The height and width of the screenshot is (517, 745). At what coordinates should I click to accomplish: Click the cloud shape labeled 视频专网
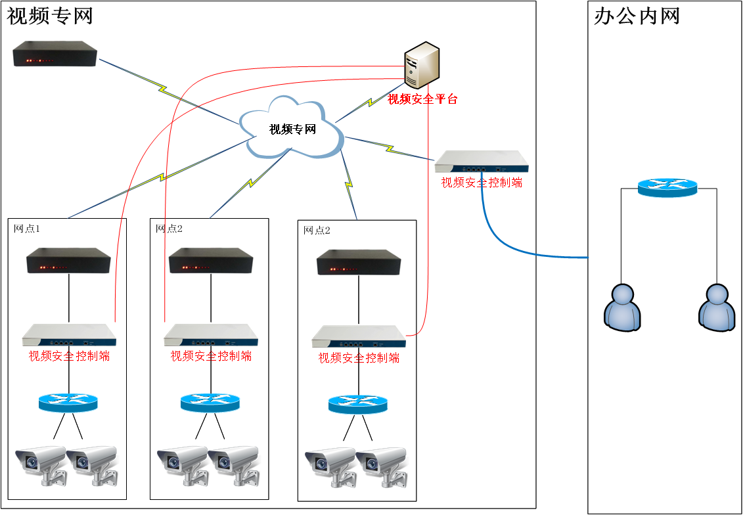(x=291, y=127)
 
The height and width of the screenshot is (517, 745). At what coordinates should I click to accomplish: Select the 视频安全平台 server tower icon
(x=421, y=64)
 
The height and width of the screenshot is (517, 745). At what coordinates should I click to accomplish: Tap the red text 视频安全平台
(x=422, y=99)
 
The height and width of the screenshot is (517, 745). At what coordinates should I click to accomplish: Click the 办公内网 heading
(x=637, y=16)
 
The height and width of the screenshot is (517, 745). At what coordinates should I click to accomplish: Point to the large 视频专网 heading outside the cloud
(x=50, y=16)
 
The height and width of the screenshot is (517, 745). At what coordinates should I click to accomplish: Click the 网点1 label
(x=26, y=229)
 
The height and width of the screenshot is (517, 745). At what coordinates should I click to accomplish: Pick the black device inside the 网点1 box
(x=68, y=260)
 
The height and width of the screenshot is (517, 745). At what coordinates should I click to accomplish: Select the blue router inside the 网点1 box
(x=68, y=403)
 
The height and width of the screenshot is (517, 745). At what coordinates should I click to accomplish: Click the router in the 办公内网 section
(x=667, y=187)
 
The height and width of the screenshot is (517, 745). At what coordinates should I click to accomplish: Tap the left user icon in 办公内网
(x=622, y=307)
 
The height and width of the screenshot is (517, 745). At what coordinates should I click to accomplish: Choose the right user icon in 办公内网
(x=717, y=307)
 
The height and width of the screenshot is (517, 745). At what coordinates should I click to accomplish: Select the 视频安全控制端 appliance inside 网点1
(x=70, y=336)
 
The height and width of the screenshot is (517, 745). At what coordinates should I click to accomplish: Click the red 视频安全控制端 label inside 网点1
(x=70, y=356)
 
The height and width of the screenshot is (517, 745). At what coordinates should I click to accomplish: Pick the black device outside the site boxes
(x=55, y=53)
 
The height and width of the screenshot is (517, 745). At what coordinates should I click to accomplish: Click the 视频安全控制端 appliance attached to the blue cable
(x=482, y=162)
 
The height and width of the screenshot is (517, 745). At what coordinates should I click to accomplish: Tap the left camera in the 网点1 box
(x=41, y=464)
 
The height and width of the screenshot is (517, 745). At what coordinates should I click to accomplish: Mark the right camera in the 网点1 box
(x=92, y=464)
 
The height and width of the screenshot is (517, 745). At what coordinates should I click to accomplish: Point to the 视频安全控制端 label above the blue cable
(x=482, y=183)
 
